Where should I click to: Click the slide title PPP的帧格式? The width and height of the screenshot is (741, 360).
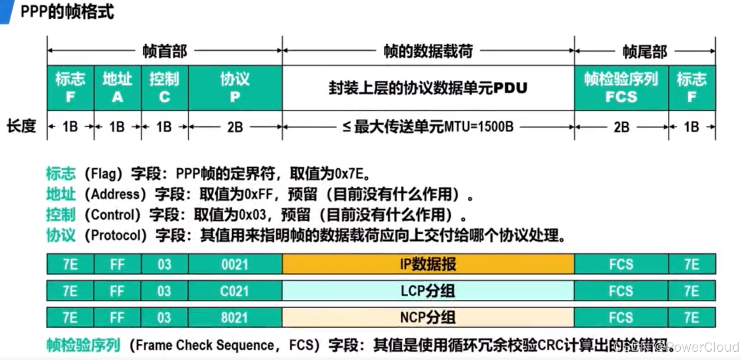(67, 11)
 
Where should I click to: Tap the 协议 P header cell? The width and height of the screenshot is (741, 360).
(235, 88)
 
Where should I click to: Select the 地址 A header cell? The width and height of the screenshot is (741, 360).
(117, 88)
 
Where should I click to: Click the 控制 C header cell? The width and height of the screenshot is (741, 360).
(164, 88)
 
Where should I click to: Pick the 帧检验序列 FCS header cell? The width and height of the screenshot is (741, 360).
(621, 88)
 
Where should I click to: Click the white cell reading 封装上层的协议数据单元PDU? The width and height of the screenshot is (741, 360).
(428, 88)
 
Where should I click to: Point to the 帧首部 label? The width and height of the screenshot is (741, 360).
(165, 51)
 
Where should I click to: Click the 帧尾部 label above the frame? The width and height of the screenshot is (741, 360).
(644, 52)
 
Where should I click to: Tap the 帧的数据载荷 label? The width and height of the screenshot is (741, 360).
(428, 51)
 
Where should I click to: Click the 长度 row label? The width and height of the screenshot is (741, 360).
(21, 126)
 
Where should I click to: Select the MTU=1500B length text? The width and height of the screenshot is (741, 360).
(479, 127)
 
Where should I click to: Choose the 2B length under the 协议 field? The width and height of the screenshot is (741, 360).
(235, 127)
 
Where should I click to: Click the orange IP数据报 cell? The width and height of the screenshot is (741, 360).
(428, 264)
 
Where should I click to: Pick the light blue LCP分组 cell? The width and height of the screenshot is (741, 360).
(428, 291)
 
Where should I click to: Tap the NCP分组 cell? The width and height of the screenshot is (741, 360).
(428, 318)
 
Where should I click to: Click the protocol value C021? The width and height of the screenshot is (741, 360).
(234, 291)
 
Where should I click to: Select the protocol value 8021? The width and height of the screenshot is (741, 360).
(234, 318)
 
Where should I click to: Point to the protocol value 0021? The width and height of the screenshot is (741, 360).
(234, 264)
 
